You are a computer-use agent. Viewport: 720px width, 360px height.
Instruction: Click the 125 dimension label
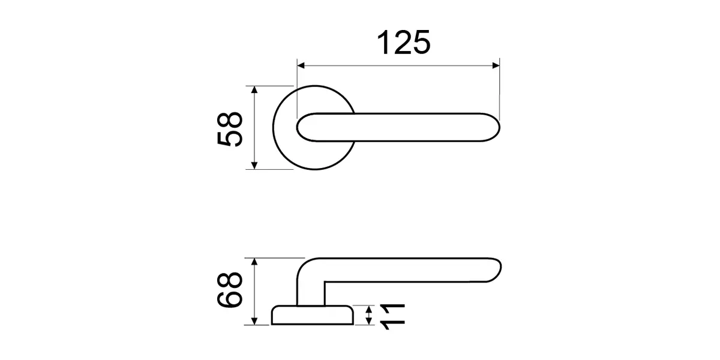pyautogui.click(x=403, y=43)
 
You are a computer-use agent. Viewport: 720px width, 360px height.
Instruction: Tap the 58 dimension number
pyautogui.click(x=230, y=129)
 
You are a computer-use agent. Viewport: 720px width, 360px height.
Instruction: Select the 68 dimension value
pyautogui.click(x=230, y=290)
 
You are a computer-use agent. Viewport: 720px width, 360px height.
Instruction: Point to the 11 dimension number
pyautogui.click(x=392, y=317)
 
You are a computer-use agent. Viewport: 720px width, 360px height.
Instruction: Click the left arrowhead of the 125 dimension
pyautogui.click(x=301, y=66)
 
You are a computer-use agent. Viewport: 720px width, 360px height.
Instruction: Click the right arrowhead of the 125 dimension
pyautogui.click(x=496, y=66)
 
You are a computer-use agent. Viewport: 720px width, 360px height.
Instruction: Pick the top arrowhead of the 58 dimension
pyautogui.click(x=254, y=89)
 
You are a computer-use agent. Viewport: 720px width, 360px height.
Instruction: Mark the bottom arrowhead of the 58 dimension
pyautogui.click(x=254, y=166)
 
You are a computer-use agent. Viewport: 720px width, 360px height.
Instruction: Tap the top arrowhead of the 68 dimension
pyautogui.click(x=254, y=262)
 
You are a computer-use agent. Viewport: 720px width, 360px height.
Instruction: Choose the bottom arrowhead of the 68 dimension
pyautogui.click(x=254, y=321)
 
